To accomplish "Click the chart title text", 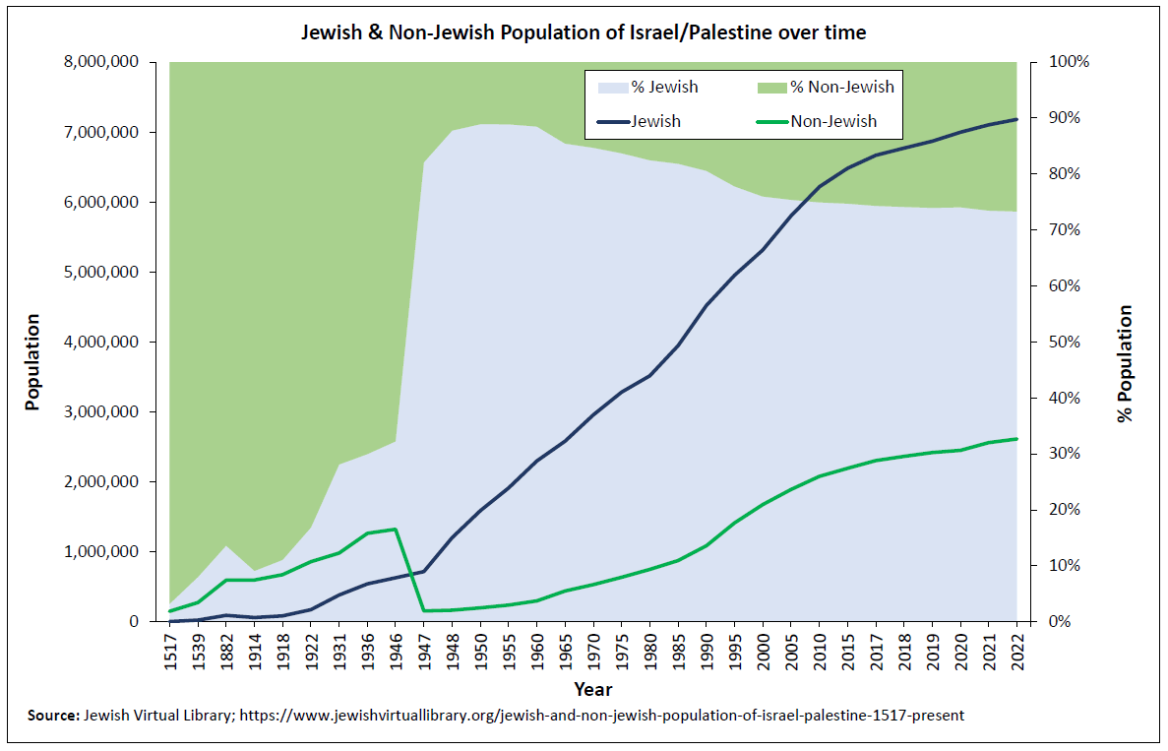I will point(584,32).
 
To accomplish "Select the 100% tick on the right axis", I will point(1070,62).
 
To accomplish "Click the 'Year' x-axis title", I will point(593,689).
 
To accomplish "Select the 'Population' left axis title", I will point(32,361).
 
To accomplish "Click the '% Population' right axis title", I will point(1125,363).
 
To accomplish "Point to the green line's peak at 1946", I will point(395,530).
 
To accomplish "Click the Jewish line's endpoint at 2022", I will point(1016,119).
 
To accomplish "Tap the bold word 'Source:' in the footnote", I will point(52,716).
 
